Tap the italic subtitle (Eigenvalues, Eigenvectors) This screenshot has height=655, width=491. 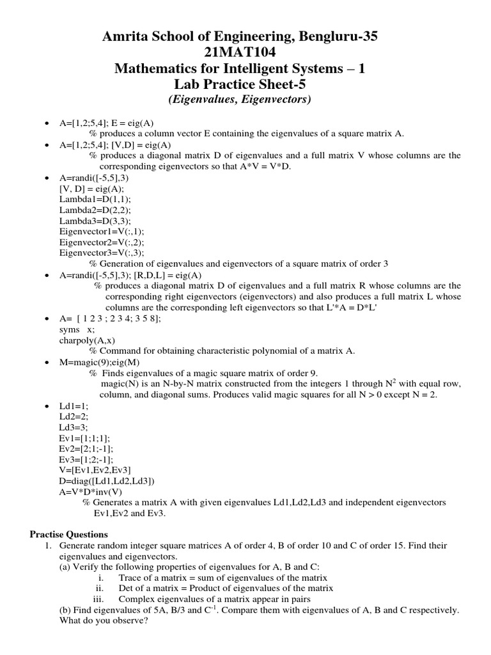coord(245,99)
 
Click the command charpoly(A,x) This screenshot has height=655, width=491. coord(87,340)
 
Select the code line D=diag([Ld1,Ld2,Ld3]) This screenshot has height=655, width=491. coord(106,482)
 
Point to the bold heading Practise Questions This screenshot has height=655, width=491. coord(70,534)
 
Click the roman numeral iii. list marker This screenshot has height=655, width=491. coord(98,599)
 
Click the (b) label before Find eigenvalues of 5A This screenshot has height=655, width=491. coord(65,610)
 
